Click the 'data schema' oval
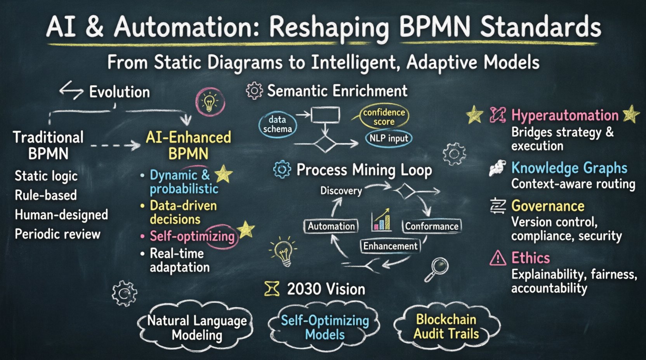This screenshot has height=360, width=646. [278, 124]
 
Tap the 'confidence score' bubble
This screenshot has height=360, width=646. [384, 117]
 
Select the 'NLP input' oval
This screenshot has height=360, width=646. [389, 138]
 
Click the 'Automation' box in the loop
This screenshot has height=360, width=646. [331, 226]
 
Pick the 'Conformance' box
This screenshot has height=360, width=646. [431, 226]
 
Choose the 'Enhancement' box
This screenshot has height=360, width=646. [390, 246]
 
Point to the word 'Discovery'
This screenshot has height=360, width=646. [341, 190]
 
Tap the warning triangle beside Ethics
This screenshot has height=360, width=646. [498, 258]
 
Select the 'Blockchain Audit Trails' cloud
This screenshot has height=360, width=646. [446, 327]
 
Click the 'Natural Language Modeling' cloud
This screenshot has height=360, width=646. [197, 328]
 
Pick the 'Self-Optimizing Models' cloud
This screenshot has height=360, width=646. [325, 327]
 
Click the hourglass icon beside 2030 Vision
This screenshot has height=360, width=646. [272, 289]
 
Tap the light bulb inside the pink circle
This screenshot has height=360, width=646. [210, 102]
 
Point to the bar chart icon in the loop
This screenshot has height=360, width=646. [381, 220]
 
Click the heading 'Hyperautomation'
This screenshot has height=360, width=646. [565, 115]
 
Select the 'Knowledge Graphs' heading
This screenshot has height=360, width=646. [569, 168]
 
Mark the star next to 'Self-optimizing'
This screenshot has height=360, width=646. [246, 230]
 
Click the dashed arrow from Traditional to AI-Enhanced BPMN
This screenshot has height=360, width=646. [115, 146]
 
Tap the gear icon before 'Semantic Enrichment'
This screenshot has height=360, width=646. [254, 91]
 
